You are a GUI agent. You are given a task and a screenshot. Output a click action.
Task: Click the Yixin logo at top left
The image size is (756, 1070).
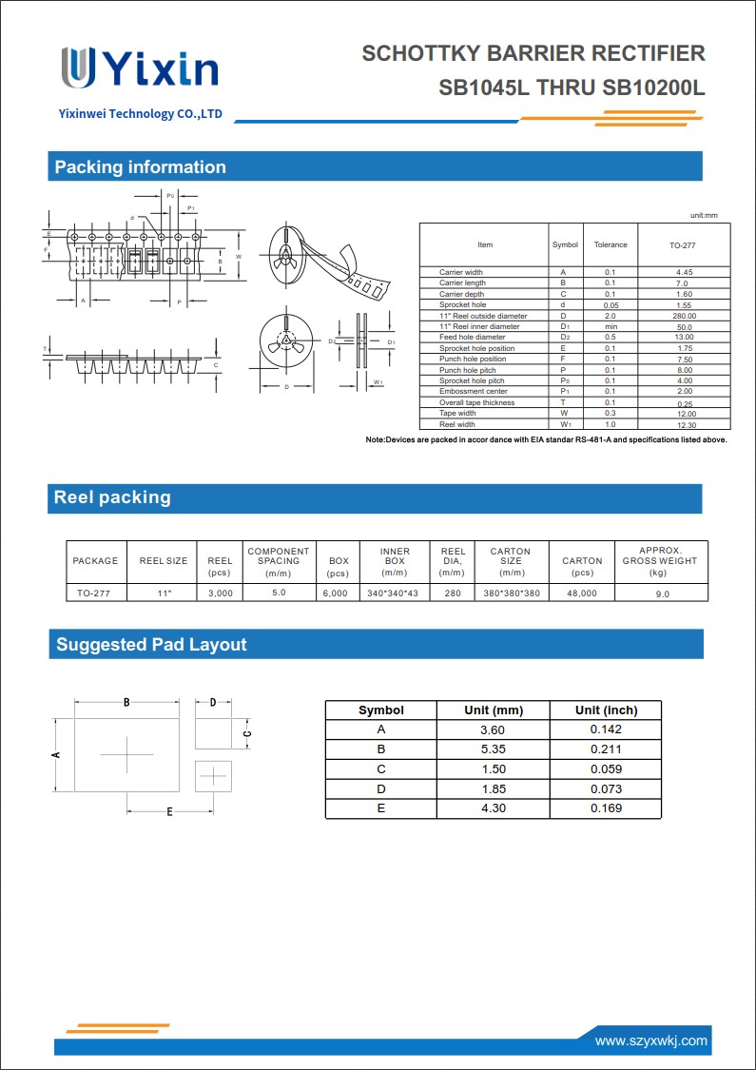(x=139, y=68)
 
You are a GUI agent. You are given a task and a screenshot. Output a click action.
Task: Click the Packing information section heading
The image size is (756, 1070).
(x=140, y=167)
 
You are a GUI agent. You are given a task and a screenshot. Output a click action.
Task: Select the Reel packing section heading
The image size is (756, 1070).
(x=112, y=497)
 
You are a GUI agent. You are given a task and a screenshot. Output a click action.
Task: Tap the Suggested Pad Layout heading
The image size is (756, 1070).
(x=151, y=645)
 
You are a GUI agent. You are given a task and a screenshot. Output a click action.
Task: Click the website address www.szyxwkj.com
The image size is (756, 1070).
(x=651, y=1041)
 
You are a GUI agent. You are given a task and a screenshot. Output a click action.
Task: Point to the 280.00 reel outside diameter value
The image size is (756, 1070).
(x=684, y=316)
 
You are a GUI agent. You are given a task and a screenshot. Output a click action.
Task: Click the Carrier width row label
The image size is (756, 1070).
(x=461, y=272)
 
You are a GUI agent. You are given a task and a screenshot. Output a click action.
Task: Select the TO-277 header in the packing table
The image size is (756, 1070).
(x=682, y=245)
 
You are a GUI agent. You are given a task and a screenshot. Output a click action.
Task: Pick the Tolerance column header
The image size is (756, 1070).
(x=611, y=245)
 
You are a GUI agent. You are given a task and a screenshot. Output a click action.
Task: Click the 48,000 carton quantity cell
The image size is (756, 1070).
(x=582, y=593)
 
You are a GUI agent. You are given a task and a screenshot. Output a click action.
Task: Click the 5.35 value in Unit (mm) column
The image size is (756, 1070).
(x=493, y=749)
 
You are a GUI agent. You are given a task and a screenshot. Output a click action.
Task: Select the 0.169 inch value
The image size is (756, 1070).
(x=606, y=808)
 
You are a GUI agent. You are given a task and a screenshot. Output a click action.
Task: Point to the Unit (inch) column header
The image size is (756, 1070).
(x=606, y=710)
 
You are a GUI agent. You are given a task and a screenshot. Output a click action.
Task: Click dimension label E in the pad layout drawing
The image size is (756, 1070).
(x=169, y=811)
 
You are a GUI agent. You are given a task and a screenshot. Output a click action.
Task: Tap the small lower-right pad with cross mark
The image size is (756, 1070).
(x=213, y=776)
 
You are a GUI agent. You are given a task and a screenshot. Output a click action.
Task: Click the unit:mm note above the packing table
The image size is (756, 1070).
(x=704, y=216)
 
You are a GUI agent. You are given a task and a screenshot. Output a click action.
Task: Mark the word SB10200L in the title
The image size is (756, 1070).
(x=653, y=88)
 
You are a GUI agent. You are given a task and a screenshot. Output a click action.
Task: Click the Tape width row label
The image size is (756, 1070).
(x=457, y=414)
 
